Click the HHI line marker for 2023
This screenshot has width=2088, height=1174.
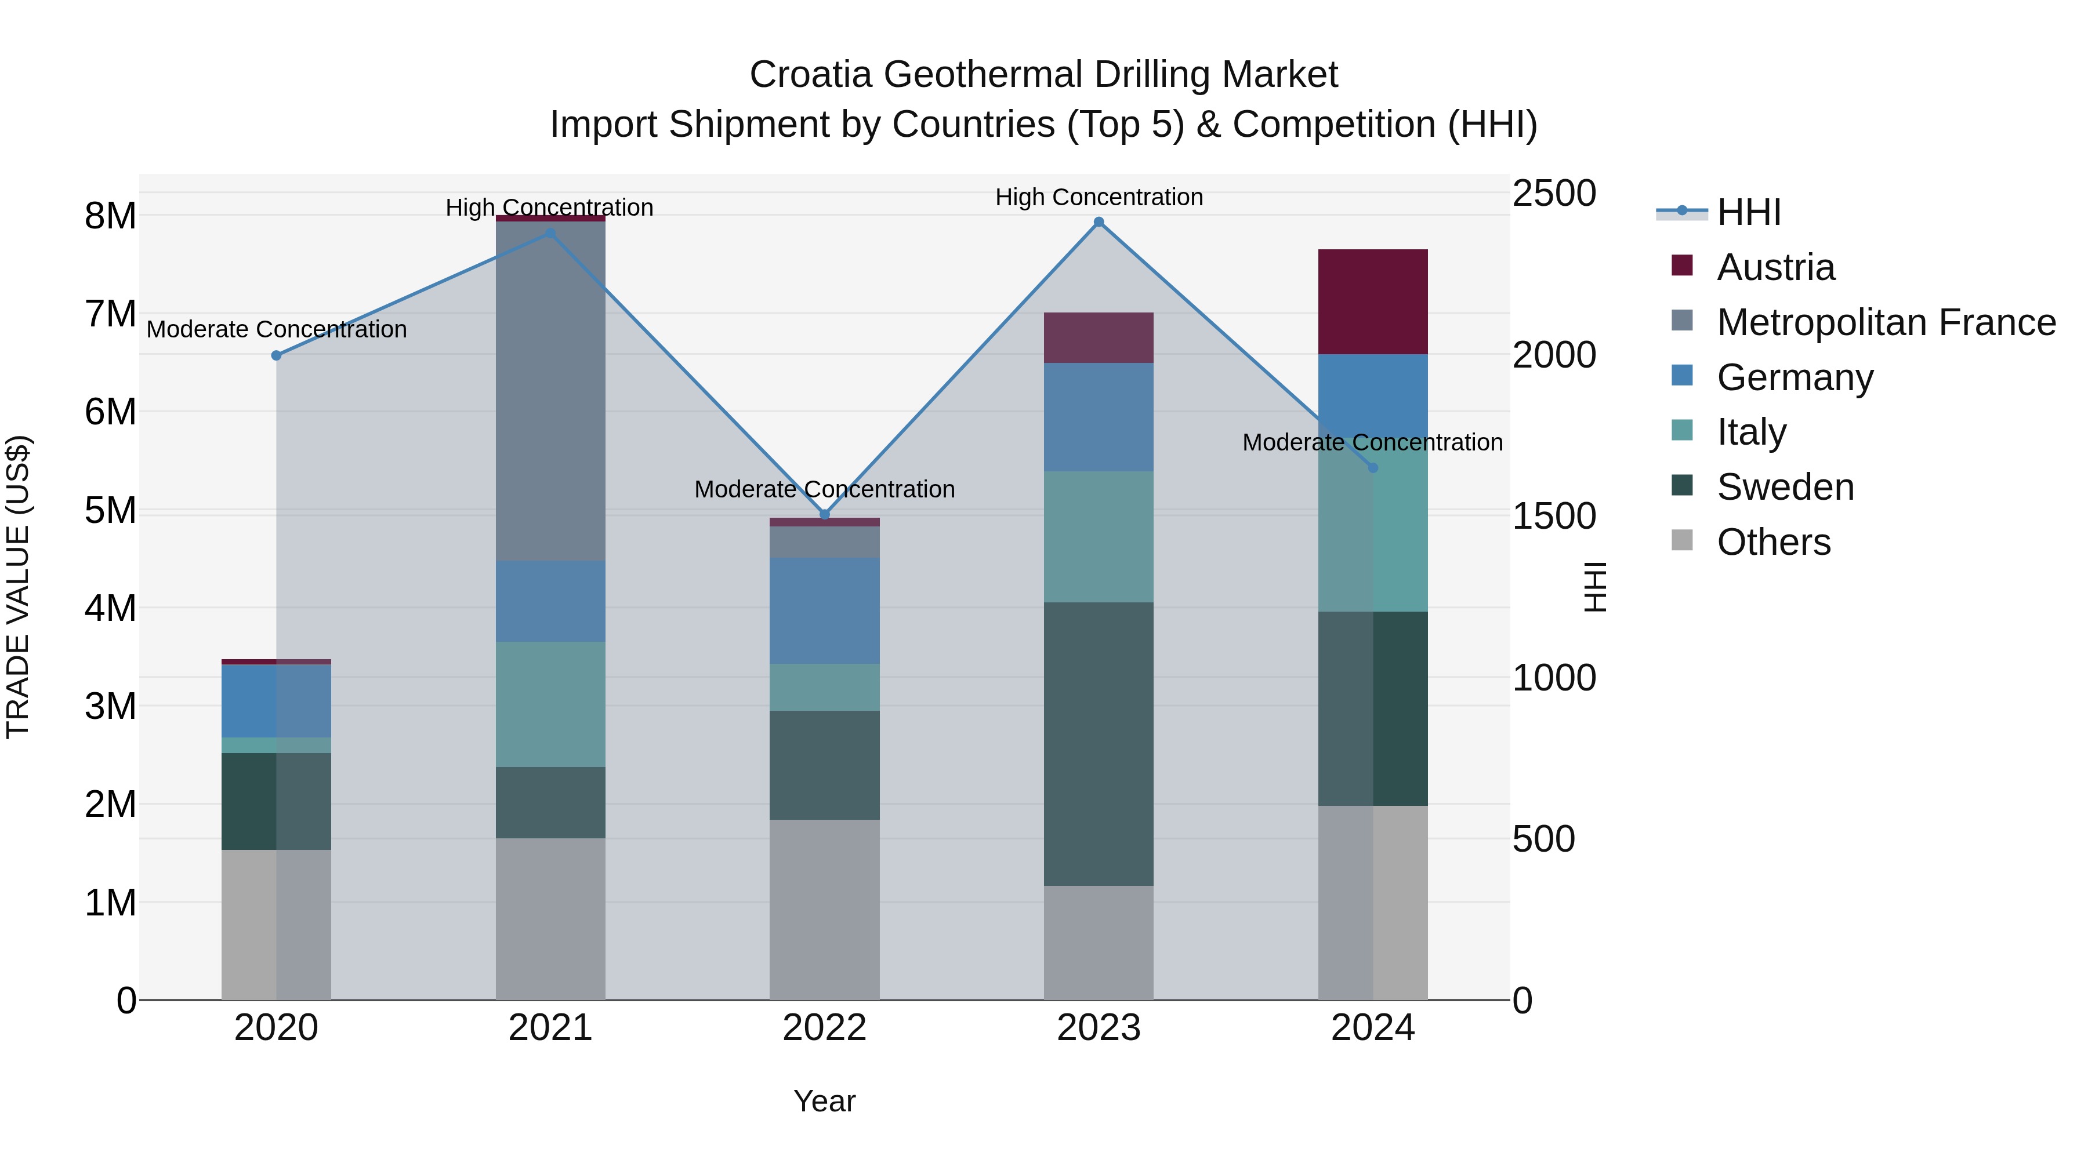click(1099, 222)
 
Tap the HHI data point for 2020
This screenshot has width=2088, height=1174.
click(277, 355)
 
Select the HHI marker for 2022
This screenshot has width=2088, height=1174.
click(824, 514)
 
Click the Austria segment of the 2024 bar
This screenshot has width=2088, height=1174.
click(1372, 301)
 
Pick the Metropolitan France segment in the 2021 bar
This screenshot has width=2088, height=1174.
click(550, 391)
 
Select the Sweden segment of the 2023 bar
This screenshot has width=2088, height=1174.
click(1099, 743)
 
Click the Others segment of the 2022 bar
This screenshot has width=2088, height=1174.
click(824, 909)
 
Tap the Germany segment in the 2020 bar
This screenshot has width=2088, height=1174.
click(277, 701)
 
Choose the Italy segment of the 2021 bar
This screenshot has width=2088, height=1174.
click(550, 704)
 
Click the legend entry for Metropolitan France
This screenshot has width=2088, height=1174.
click(1886, 322)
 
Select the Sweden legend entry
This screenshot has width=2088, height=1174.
click(1785, 487)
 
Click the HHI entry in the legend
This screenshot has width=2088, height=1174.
click(1748, 212)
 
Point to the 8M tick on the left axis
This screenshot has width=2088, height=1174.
click(110, 216)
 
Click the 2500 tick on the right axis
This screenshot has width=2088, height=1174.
click(1554, 194)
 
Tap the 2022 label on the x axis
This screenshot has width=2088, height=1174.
click(824, 1028)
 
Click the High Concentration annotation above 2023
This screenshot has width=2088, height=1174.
click(1099, 197)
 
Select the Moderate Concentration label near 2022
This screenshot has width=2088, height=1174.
click(824, 489)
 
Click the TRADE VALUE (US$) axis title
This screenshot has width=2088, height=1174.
click(18, 587)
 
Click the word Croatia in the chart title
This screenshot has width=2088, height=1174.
click(811, 75)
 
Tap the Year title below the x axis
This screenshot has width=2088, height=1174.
click(824, 1101)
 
